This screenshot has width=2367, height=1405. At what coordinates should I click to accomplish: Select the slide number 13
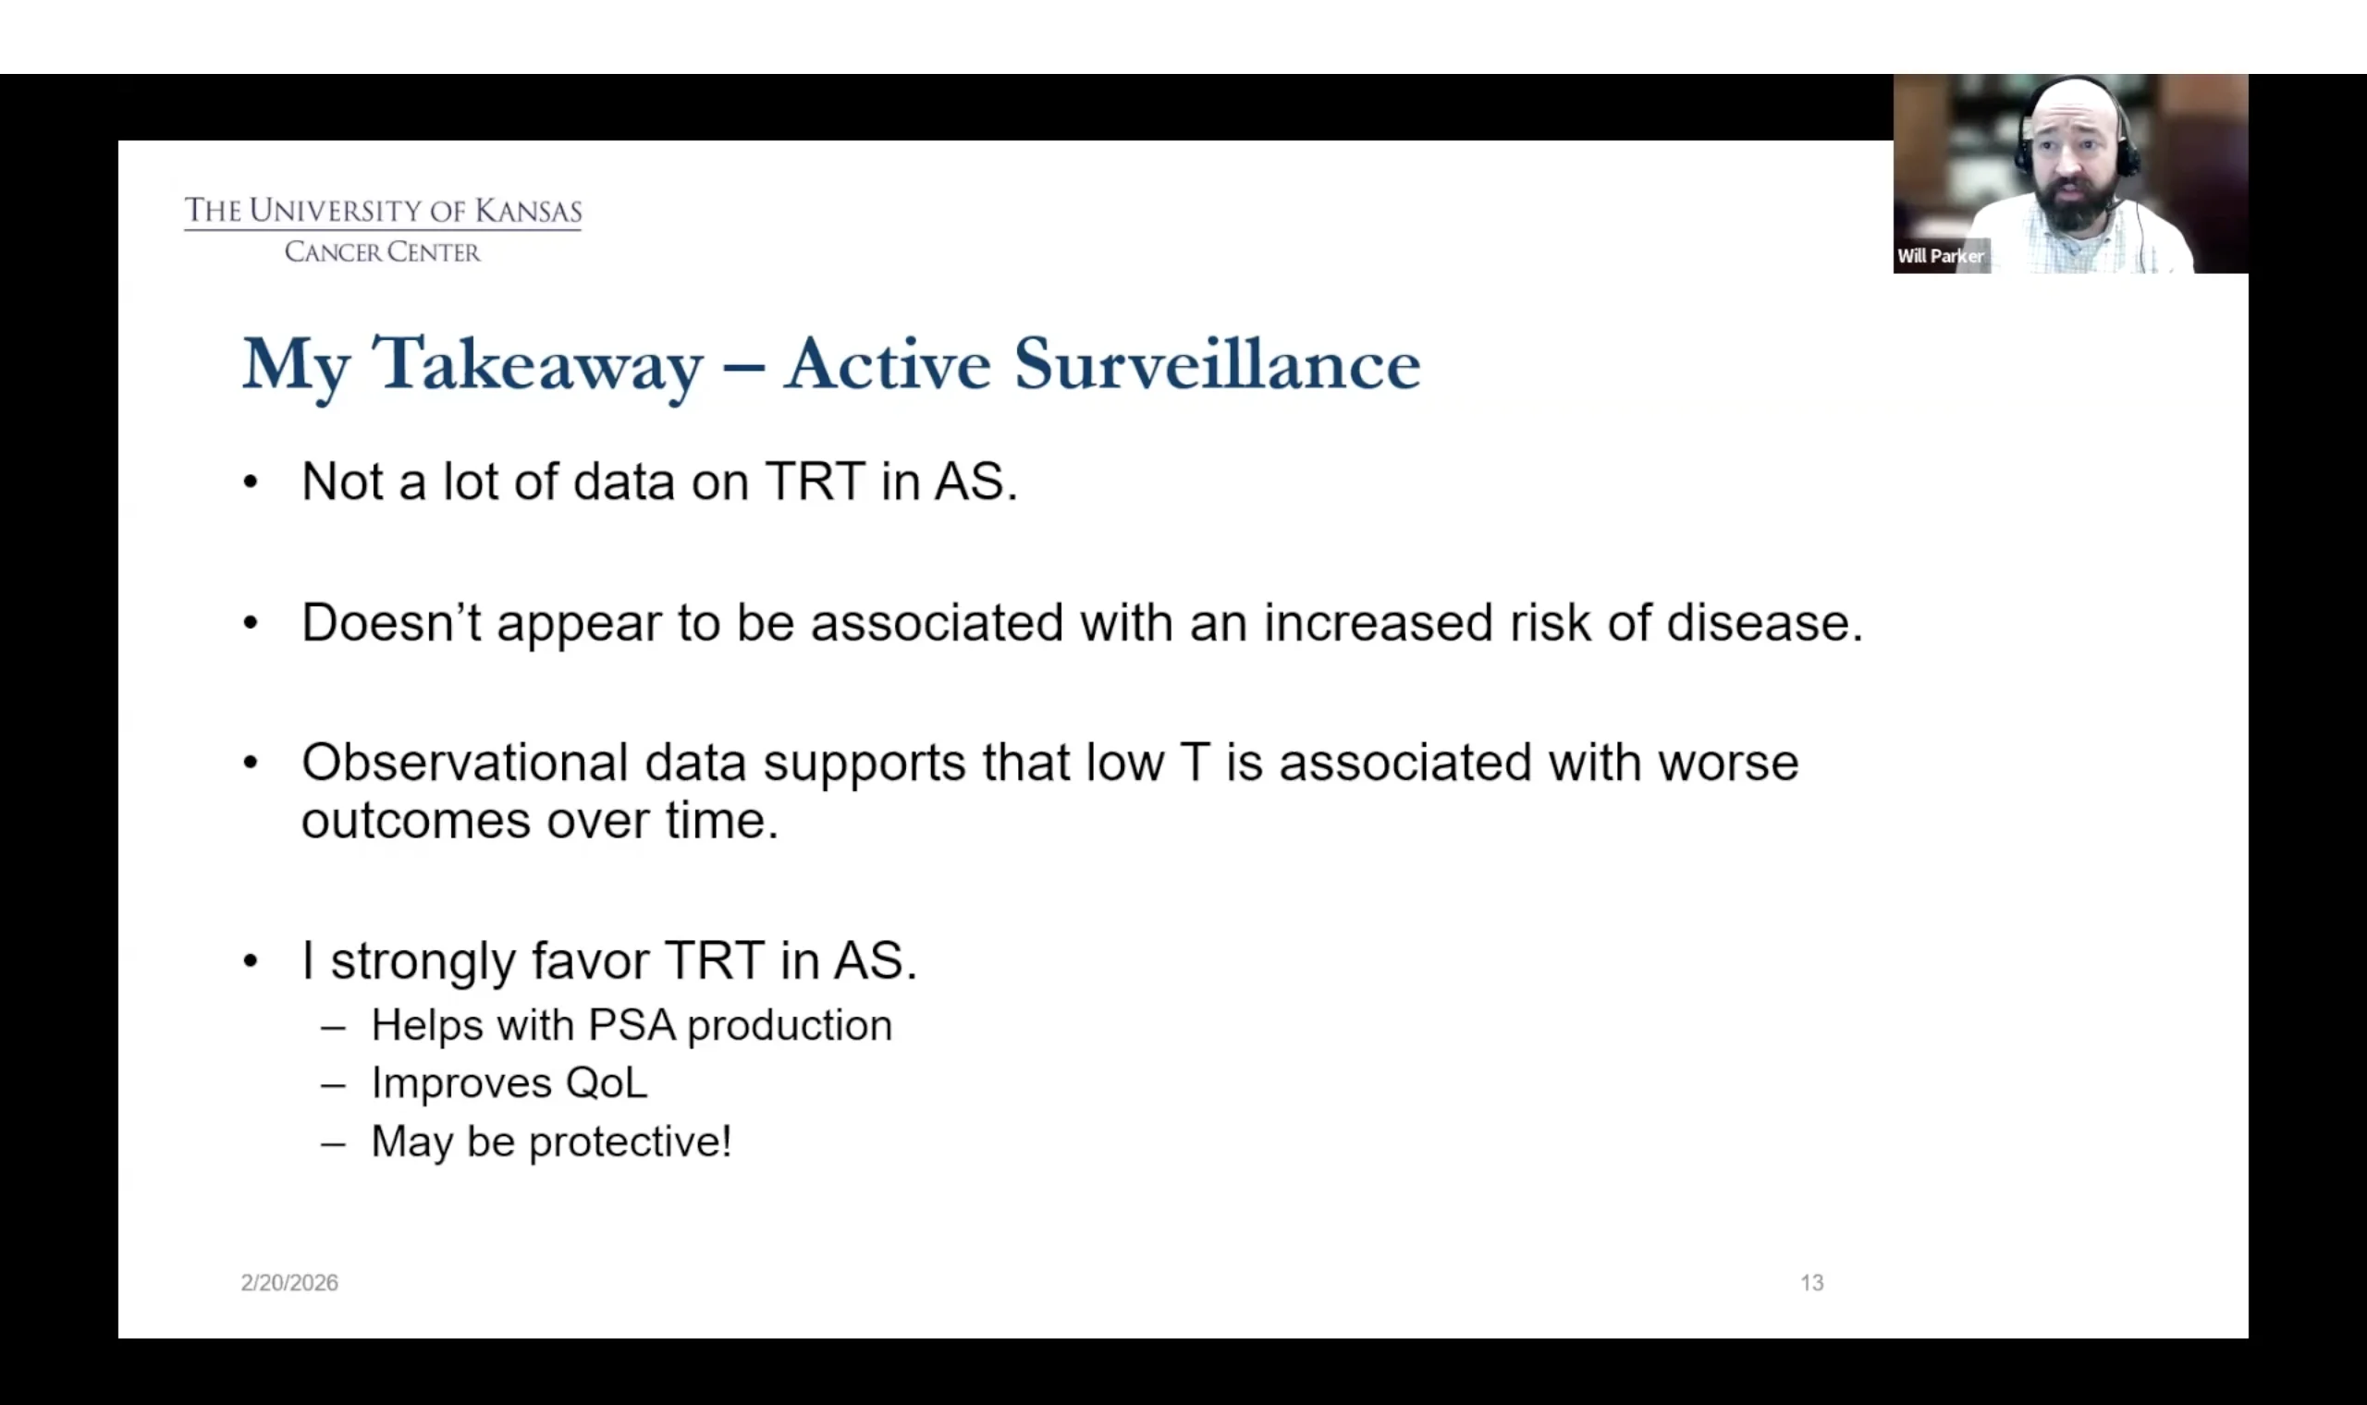tap(1811, 1283)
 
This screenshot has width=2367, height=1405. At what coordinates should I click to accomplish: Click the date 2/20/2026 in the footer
tap(288, 1283)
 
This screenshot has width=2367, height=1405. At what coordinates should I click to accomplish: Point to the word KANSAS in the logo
tap(528, 211)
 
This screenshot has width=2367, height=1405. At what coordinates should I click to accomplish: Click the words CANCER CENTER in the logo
tap(383, 251)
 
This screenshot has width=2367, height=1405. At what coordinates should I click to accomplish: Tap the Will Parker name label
tap(1940, 257)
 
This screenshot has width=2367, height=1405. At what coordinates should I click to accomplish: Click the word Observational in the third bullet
tap(465, 763)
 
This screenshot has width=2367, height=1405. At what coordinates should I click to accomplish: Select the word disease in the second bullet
tap(1765, 623)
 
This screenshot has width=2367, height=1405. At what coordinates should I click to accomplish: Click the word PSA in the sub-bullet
tap(632, 1025)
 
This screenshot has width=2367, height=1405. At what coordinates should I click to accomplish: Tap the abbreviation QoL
tap(606, 1083)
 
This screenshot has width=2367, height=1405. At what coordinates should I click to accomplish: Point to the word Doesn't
tap(391, 623)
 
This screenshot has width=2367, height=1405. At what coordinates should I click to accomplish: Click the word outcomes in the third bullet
tap(416, 821)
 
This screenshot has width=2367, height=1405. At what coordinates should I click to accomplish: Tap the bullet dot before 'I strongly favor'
tap(250, 962)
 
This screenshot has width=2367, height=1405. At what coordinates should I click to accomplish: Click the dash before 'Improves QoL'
tap(333, 1085)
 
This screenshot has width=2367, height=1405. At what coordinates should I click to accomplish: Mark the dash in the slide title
tap(743, 365)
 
